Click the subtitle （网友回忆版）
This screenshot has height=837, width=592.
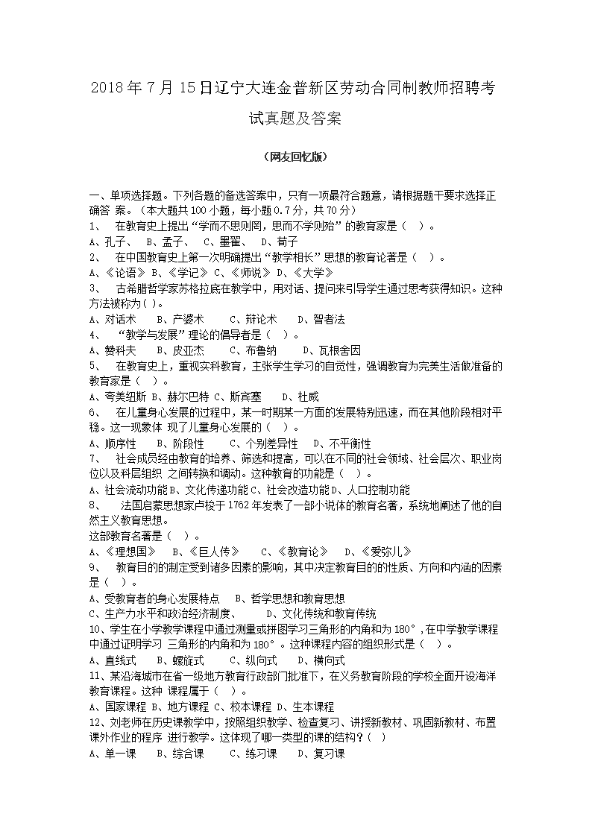coord(295,157)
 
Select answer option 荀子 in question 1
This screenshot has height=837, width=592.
coord(287,241)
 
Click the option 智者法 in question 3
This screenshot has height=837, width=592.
coord(329,319)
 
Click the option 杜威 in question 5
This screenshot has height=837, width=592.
coord(308,397)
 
